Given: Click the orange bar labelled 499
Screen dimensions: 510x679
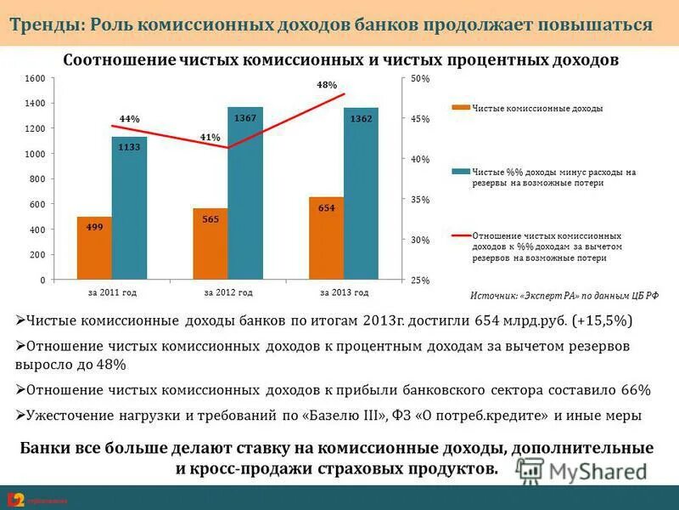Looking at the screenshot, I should pyautogui.click(x=94, y=247).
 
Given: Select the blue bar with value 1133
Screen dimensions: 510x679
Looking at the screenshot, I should pyautogui.click(x=129, y=208).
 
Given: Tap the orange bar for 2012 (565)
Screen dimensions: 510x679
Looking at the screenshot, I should pyautogui.click(x=210, y=243).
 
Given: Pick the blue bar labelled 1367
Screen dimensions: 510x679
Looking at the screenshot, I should pyautogui.click(x=245, y=193).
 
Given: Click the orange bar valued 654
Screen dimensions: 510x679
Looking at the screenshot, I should pyautogui.click(x=327, y=238).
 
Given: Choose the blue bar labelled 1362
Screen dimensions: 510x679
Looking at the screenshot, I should pyautogui.click(x=361, y=194).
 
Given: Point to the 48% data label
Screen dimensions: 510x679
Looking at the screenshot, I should pyautogui.click(x=327, y=85).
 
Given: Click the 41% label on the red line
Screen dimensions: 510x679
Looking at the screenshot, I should pyautogui.click(x=210, y=137).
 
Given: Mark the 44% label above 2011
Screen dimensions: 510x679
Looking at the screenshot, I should pyautogui.click(x=129, y=119).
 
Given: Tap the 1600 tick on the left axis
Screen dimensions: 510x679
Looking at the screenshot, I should pyautogui.click(x=35, y=78).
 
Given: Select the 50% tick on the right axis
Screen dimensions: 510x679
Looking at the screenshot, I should pyautogui.click(x=421, y=78).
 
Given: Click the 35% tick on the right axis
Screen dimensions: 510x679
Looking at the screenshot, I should pyautogui.click(x=421, y=200).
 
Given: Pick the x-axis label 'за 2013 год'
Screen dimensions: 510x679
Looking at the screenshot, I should pyautogui.click(x=344, y=292).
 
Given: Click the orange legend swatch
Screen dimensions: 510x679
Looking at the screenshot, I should pyautogui.click(x=460, y=108).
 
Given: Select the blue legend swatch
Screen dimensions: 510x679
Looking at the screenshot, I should pyautogui.click(x=460, y=172).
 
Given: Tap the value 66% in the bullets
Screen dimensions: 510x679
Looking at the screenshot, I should pyautogui.click(x=635, y=390).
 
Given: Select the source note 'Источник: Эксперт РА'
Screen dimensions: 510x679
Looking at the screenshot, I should pyautogui.click(x=564, y=296).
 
